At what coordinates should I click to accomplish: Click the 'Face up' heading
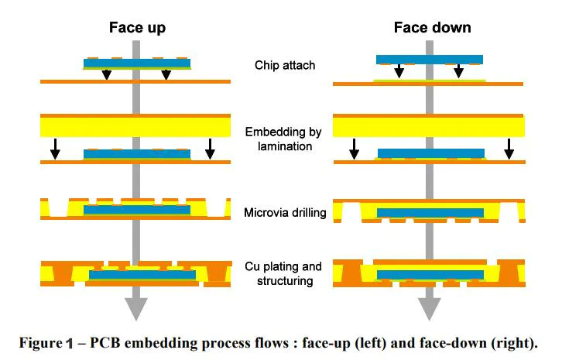136,28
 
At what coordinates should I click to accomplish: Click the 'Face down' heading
432,28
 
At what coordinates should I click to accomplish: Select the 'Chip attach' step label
285,65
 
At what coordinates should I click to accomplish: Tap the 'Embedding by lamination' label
285,139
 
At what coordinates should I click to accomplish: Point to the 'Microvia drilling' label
285,212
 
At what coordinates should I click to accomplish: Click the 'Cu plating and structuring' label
285,274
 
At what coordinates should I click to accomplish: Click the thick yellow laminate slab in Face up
136,125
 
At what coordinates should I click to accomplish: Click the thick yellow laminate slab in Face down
428,125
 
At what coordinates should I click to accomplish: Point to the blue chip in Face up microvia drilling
136,210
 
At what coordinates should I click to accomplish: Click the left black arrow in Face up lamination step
55,149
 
